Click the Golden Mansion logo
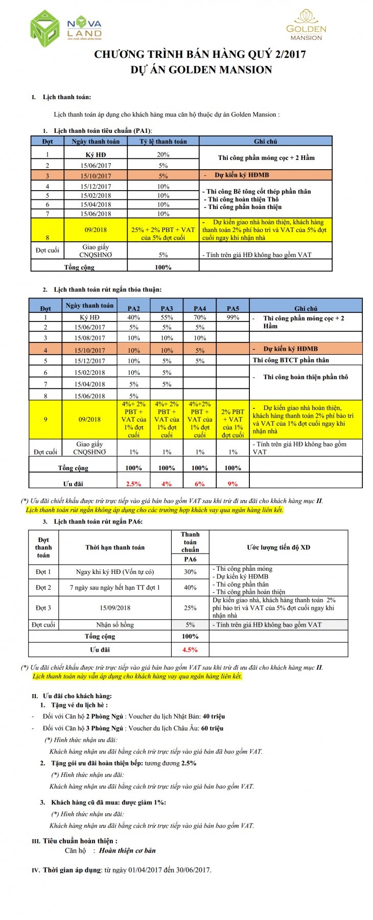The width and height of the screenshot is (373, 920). point(306,25)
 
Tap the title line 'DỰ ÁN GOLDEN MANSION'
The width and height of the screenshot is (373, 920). point(201,70)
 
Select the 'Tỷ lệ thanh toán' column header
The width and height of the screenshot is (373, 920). point(163,142)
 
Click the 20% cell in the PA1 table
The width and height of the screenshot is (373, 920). point(163,154)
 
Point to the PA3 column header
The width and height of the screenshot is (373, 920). point(167,308)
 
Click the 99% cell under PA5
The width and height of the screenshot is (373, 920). point(232,317)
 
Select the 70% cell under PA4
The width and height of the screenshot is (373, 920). point(200,317)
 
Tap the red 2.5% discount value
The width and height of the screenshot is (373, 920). point(133,484)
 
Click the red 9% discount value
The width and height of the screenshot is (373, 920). point(232,484)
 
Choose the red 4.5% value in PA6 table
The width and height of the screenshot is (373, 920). point(190,650)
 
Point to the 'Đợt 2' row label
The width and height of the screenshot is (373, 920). point(43,587)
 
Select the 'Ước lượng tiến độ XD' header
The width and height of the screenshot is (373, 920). point(278,547)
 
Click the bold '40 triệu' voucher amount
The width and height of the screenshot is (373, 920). point(214,717)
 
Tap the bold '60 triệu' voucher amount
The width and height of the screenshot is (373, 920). point(212,728)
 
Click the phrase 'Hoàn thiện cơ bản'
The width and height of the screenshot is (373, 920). point(127,850)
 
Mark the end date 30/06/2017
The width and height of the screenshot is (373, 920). point(193,870)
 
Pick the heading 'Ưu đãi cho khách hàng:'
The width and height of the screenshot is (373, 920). point(77,696)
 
